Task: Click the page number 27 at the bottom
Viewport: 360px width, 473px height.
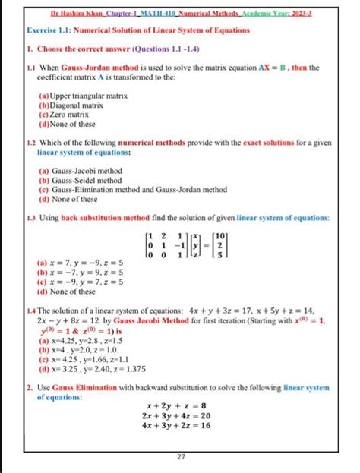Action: tap(180, 456)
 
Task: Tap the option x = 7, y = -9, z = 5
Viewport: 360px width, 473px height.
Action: tap(84, 263)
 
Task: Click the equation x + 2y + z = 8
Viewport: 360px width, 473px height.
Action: tap(179, 405)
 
